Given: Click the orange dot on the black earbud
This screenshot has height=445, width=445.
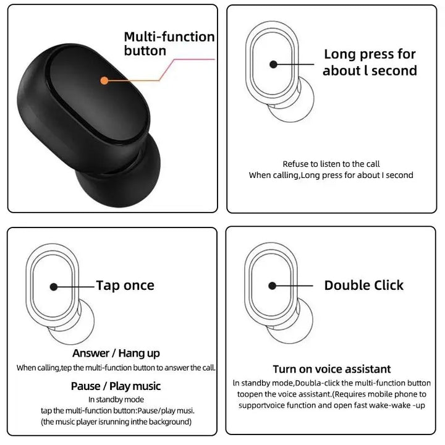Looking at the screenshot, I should [x=104, y=80].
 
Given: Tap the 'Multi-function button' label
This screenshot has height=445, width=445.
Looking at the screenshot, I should [x=169, y=44].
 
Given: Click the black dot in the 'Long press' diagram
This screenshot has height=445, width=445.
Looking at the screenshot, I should [x=272, y=63].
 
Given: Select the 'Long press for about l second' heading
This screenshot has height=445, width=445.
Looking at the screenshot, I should [x=370, y=62].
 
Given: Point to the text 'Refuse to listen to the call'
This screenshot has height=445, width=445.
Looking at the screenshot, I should [x=331, y=164].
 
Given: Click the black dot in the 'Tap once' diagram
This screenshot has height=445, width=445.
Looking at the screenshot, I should [x=54, y=287].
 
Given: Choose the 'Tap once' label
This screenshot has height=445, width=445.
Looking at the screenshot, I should [x=125, y=286].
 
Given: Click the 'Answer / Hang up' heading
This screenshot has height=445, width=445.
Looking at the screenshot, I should [x=116, y=353].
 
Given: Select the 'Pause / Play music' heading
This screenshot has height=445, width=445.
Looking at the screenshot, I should [x=116, y=386].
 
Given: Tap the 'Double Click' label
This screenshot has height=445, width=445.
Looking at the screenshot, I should [x=363, y=285].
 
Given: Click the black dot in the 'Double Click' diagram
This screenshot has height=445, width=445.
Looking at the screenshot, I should [x=272, y=286].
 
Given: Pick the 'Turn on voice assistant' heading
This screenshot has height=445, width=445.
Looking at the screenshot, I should [x=331, y=369].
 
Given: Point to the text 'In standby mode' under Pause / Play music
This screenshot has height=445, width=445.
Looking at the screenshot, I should [x=116, y=400].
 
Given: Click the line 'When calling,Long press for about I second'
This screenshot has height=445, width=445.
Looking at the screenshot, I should [x=331, y=176].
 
